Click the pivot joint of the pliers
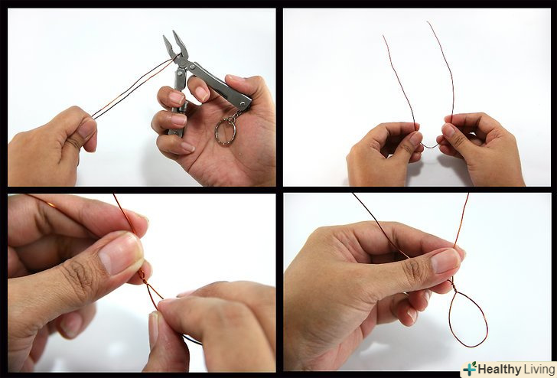[182, 63]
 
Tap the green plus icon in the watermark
[470, 369]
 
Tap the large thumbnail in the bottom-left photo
[121, 253]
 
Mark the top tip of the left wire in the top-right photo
[383, 35]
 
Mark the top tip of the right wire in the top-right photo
[428, 22]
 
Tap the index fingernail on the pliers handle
[201, 93]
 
